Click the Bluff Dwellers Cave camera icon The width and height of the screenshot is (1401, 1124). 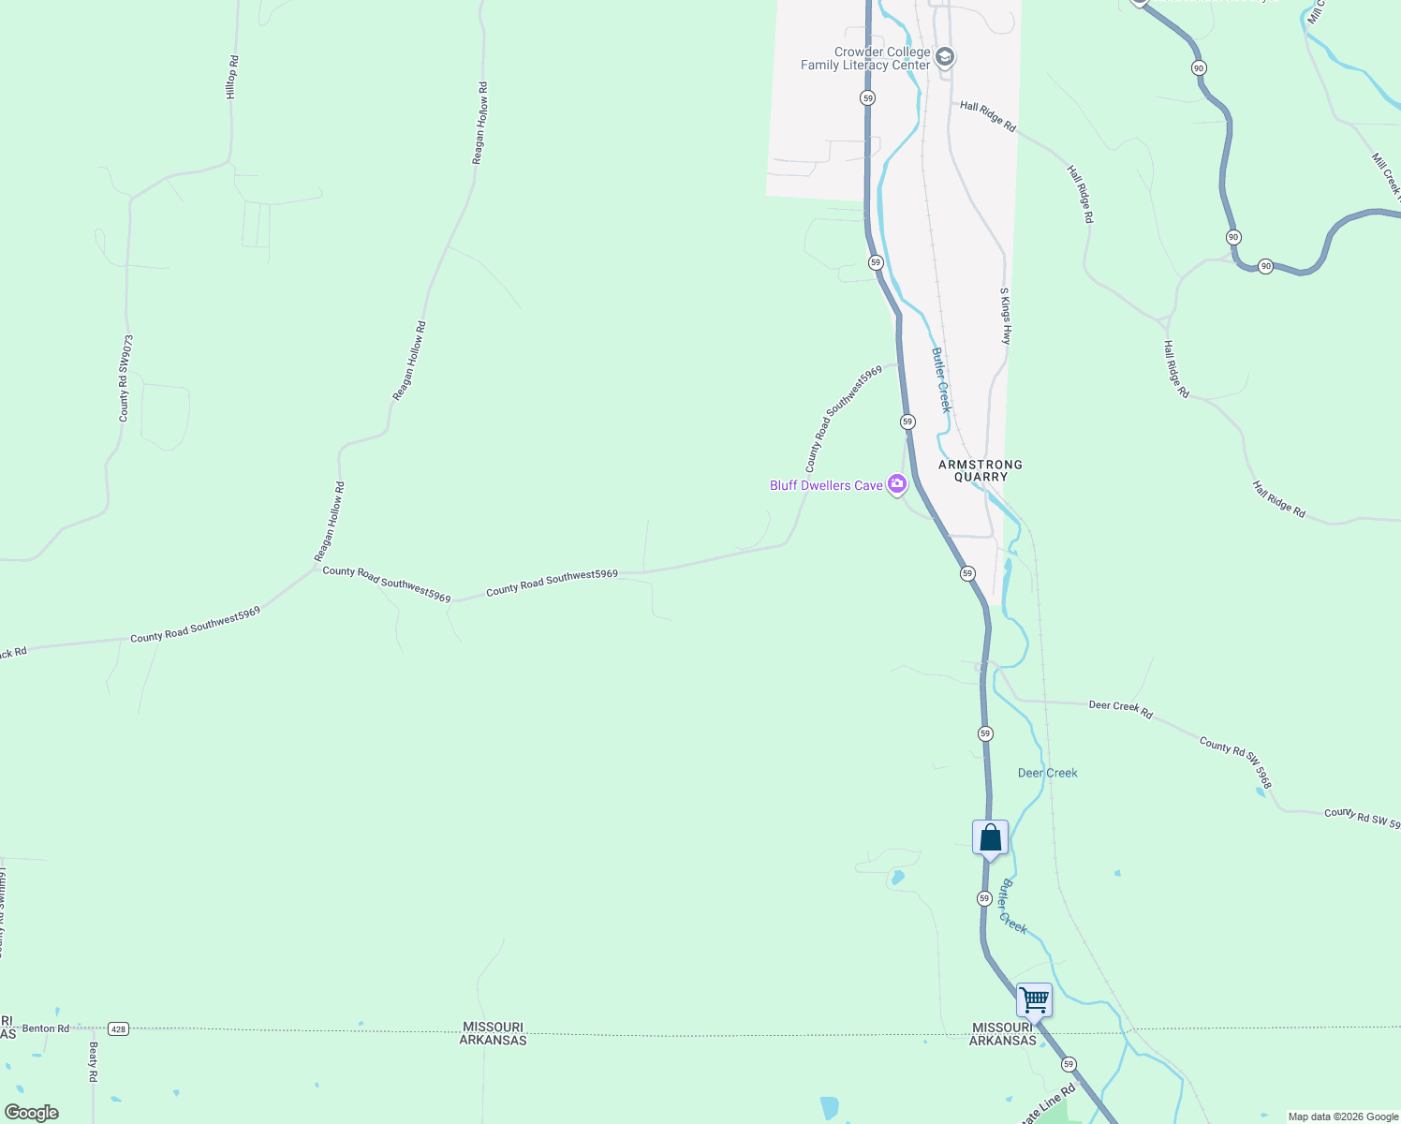[897, 484]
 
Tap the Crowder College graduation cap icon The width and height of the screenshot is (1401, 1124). [945, 58]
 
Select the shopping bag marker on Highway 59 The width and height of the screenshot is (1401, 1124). [990, 838]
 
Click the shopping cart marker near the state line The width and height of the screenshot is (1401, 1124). [1034, 999]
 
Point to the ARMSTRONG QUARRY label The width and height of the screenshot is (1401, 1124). [981, 470]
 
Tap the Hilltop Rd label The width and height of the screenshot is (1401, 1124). [232, 78]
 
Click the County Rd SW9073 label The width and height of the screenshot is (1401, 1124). [125, 378]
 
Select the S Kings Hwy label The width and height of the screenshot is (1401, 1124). [1006, 316]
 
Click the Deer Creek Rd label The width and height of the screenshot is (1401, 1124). [1120, 708]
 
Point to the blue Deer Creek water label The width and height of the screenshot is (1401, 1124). [1047, 773]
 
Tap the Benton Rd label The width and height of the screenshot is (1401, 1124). [46, 1028]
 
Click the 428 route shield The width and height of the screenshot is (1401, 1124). [117, 1028]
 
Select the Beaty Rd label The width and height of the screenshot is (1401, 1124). [93, 1062]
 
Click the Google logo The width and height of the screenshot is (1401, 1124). [32, 1113]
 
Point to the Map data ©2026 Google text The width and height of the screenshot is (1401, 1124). [1343, 1117]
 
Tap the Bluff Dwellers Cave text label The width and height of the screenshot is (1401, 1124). [826, 485]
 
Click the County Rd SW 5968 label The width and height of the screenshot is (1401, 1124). [1235, 762]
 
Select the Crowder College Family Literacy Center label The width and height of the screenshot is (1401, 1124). [865, 58]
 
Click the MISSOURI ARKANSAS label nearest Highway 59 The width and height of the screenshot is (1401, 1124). [1002, 1034]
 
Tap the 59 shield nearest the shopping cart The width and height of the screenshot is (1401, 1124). [1069, 1064]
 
